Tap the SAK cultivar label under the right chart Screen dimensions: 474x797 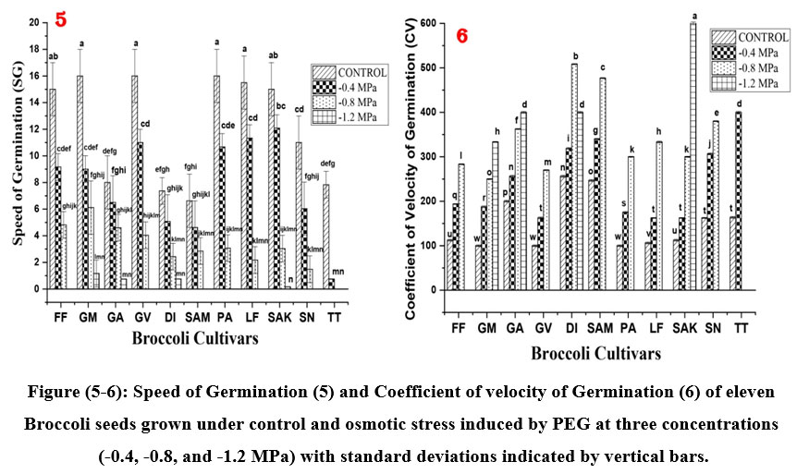tap(683, 330)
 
